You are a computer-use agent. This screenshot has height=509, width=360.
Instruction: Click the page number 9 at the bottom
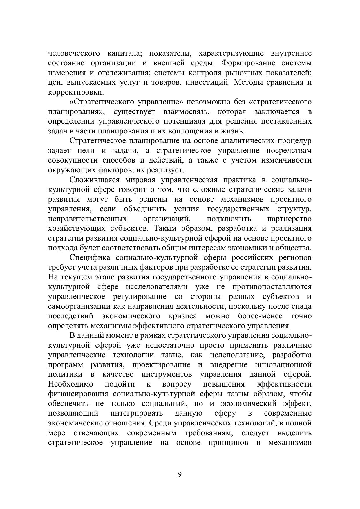click(180, 474)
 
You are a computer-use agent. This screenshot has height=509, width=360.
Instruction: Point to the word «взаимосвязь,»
click(186, 112)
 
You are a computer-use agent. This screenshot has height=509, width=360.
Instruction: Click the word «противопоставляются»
click(272, 287)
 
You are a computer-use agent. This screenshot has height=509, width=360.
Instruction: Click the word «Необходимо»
click(70, 384)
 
